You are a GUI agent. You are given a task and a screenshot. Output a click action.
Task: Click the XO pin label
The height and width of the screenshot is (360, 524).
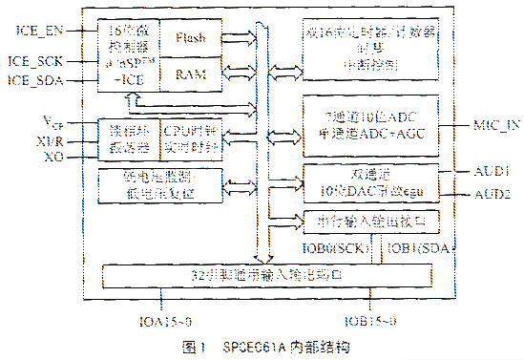tap(53, 156)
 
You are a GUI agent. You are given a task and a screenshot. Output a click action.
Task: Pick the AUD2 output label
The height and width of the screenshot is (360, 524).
tap(493, 194)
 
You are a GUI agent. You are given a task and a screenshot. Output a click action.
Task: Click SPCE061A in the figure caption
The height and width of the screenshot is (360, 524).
tap(255, 345)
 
